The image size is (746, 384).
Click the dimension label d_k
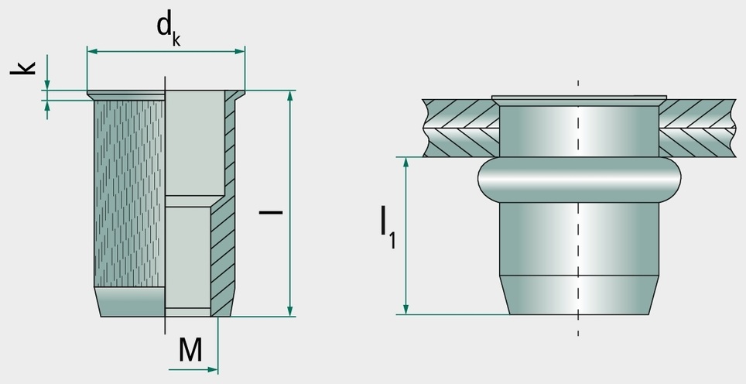coord(169,29)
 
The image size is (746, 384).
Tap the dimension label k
coord(23,67)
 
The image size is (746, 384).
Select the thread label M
coord(190,350)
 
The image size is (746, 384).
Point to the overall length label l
coord(271,212)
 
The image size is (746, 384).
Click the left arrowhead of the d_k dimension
coord(92,51)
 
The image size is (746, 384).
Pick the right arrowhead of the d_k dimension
coord(239,51)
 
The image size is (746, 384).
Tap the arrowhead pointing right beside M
coord(212,369)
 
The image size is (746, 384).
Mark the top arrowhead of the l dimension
coord(289,96)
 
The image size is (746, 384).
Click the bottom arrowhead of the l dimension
coord(289,310)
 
